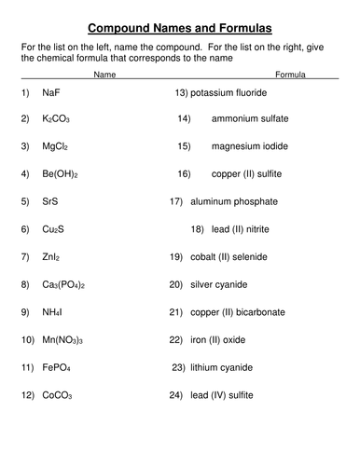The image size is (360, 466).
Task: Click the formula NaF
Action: (x=52, y=94)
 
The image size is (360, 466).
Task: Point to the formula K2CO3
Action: (x=56, y=120)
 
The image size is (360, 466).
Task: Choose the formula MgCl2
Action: (x=55, y=147)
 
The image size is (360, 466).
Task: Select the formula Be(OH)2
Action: (x=61, y=174)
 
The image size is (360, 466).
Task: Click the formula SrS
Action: (x=51, y=201)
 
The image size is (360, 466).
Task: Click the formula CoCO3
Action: (x=57, y=395)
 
